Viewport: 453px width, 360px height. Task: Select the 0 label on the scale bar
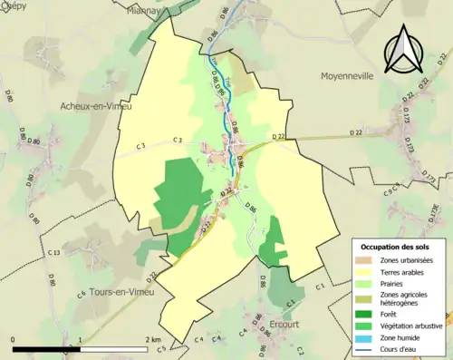(14, 340)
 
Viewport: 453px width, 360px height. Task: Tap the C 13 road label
(54, 252)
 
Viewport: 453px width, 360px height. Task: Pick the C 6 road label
(82, 293)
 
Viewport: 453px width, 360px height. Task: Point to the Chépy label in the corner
(15, 5)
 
